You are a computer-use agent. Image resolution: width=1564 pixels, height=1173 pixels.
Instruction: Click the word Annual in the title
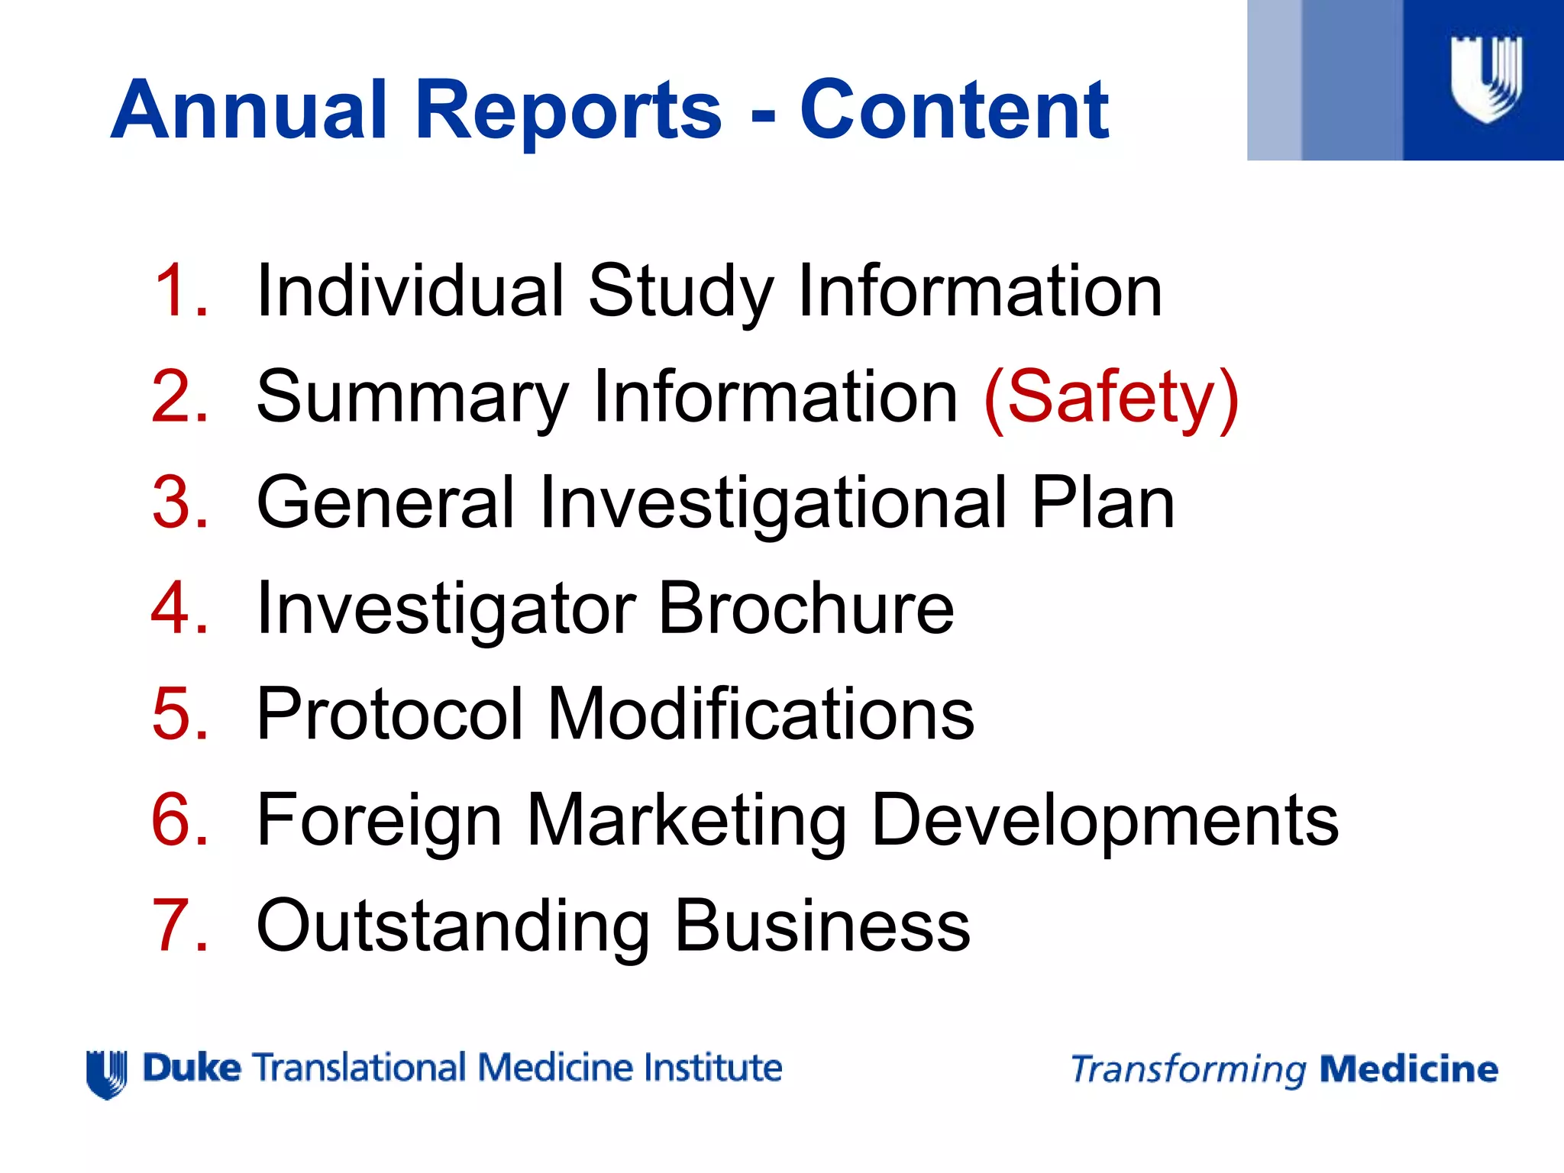(x=249, y=111)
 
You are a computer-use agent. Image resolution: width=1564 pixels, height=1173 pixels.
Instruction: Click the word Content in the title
(x=954, y=111)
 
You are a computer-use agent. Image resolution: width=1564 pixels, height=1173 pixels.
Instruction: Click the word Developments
(x=1104, y=820)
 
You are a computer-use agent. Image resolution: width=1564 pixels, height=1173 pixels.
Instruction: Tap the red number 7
(x=180, y=926)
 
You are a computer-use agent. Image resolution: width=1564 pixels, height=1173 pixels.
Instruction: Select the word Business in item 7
(x=822, y=926)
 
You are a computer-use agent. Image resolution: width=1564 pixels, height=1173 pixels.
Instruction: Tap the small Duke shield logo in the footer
(x=107, y=1074)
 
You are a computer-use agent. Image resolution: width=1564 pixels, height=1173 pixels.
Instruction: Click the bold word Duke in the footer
(x=192, y=1068)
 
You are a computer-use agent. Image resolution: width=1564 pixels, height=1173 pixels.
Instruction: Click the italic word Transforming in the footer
(x=1188, y=1069)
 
